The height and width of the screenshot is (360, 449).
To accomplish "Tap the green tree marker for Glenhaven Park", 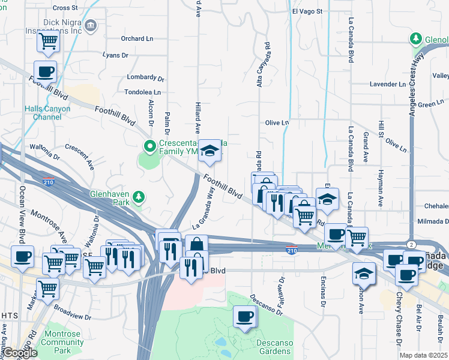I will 139,197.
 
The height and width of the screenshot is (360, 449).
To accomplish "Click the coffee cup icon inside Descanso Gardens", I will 244,317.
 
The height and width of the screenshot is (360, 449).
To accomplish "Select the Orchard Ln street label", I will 137,38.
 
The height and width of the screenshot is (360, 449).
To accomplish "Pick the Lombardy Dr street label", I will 146,78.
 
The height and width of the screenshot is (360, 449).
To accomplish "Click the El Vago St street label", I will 307,11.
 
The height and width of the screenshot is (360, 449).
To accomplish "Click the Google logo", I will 20,353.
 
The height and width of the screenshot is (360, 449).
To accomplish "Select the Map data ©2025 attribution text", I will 423,355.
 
